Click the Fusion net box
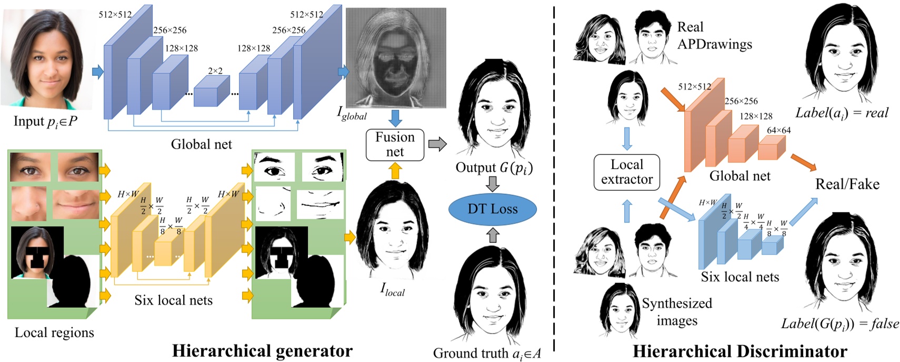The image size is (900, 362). pyautogui.click(x=395, y=144)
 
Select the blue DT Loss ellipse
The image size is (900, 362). pyautogui.click(x=492, y=209)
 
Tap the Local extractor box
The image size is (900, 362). pyautogui.click(x=626, y=172)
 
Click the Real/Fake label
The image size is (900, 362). pyautogui.click(x=847, y=184)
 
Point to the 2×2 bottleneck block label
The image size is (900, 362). pyautogui.click(x=215, y=71)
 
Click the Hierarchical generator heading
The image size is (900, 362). pyautogui.click(x=262, y=350)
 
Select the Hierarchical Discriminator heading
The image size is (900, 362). pyautogui.click(x=739, y=351)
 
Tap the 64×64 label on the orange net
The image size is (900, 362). pyautogui.click(x=778, y=130)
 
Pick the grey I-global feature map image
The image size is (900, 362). pyautogui.click(x=396, y=58)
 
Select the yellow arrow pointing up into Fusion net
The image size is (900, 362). pyautogui.click(x=395, y=170)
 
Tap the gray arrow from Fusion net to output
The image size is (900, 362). pyautogui.click(x=437, y=144)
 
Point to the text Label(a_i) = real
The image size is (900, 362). pyautogui.click(x=841, y=113)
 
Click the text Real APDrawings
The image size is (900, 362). pyautogui.click(x=714, y=35)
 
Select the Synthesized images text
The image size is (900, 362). pyautogui.click(x=677, y=311)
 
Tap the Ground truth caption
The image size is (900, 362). pyautogui.click(x=486, y=353)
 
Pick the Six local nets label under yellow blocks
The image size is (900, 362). pyautogui.click(x=173, y=300)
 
